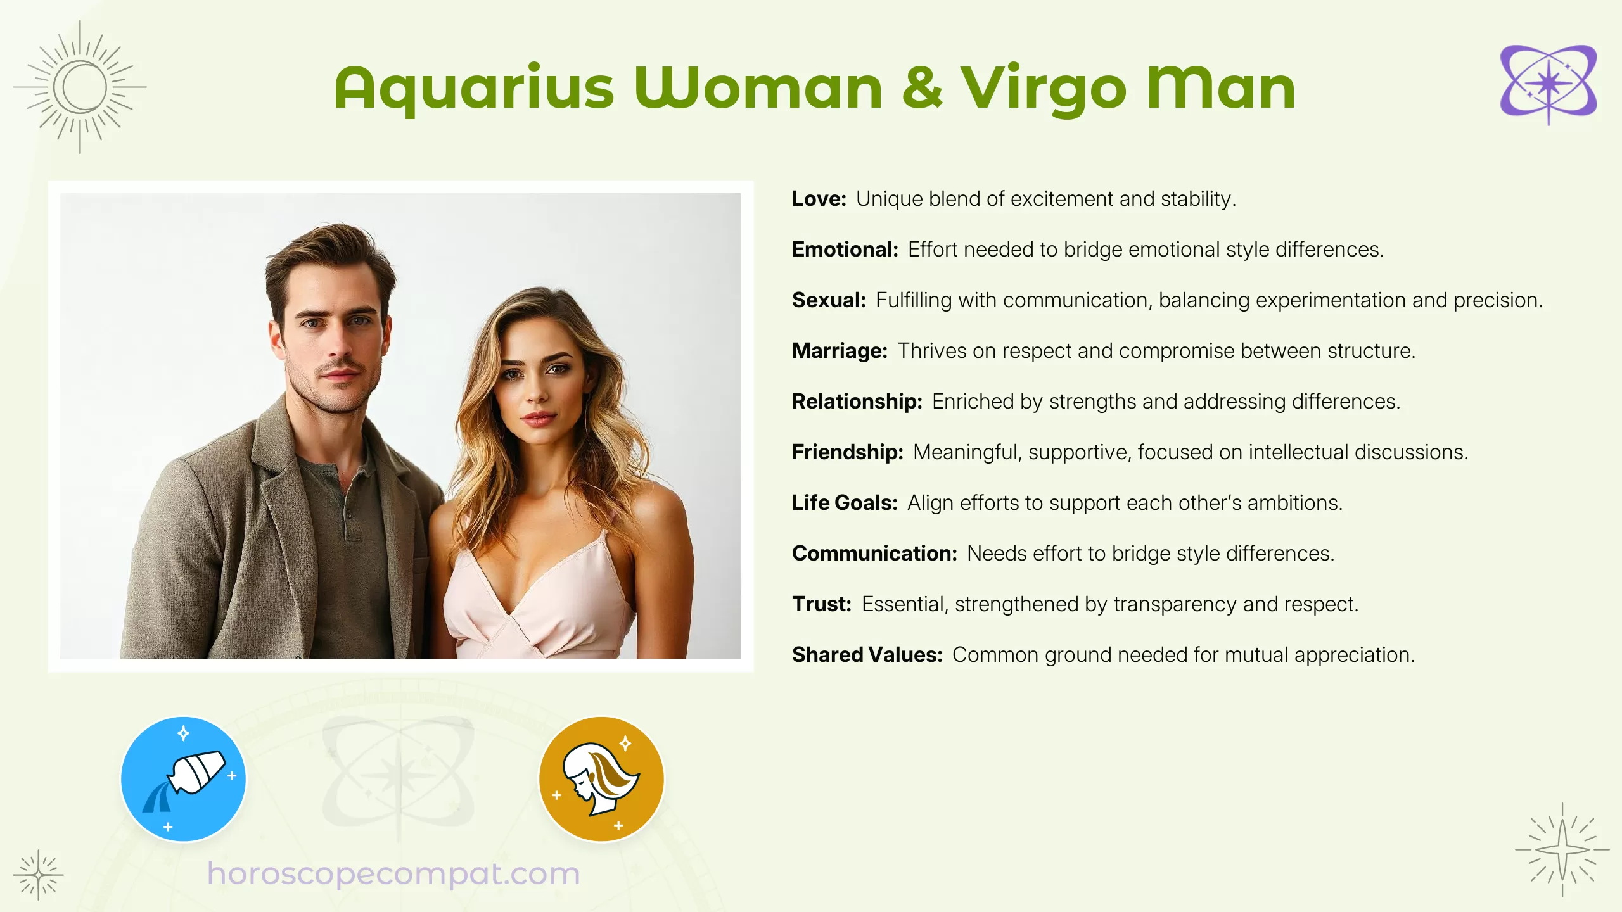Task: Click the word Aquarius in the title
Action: (474, 89)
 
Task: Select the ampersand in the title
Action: (922, 89)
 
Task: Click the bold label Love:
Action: (819, 199)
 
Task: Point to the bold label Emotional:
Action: (845, 250)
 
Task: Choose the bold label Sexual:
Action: (829, 300)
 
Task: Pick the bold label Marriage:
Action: (840, 351)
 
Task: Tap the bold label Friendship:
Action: (847, 452)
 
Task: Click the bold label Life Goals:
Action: (845, 503)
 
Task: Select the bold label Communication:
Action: (874, 554)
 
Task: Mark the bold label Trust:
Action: (821, 604)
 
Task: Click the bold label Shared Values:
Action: (867, 655)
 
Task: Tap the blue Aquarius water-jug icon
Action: (183, 779)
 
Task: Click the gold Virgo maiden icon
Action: (601, 779)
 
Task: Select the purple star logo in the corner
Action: (1548, 85)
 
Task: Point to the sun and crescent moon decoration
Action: (80, 87)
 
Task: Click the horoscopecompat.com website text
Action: (393, 874)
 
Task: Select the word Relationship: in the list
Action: (857, 402)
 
